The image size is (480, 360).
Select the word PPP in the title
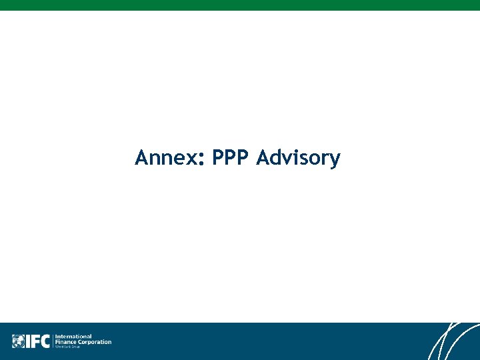tap(231, 158)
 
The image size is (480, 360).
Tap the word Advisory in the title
tap(298, 159)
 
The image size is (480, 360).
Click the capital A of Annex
tap(142, 158)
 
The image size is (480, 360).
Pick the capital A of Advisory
tap(263, 158)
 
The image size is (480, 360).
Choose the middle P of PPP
tap(231, 158)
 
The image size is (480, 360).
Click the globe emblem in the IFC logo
tap(18, 341)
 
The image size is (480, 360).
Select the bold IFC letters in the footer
tap(37, 341)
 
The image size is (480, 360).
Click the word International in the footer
tap(73, 336)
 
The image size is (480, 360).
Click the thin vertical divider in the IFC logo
tap(53, 341)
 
